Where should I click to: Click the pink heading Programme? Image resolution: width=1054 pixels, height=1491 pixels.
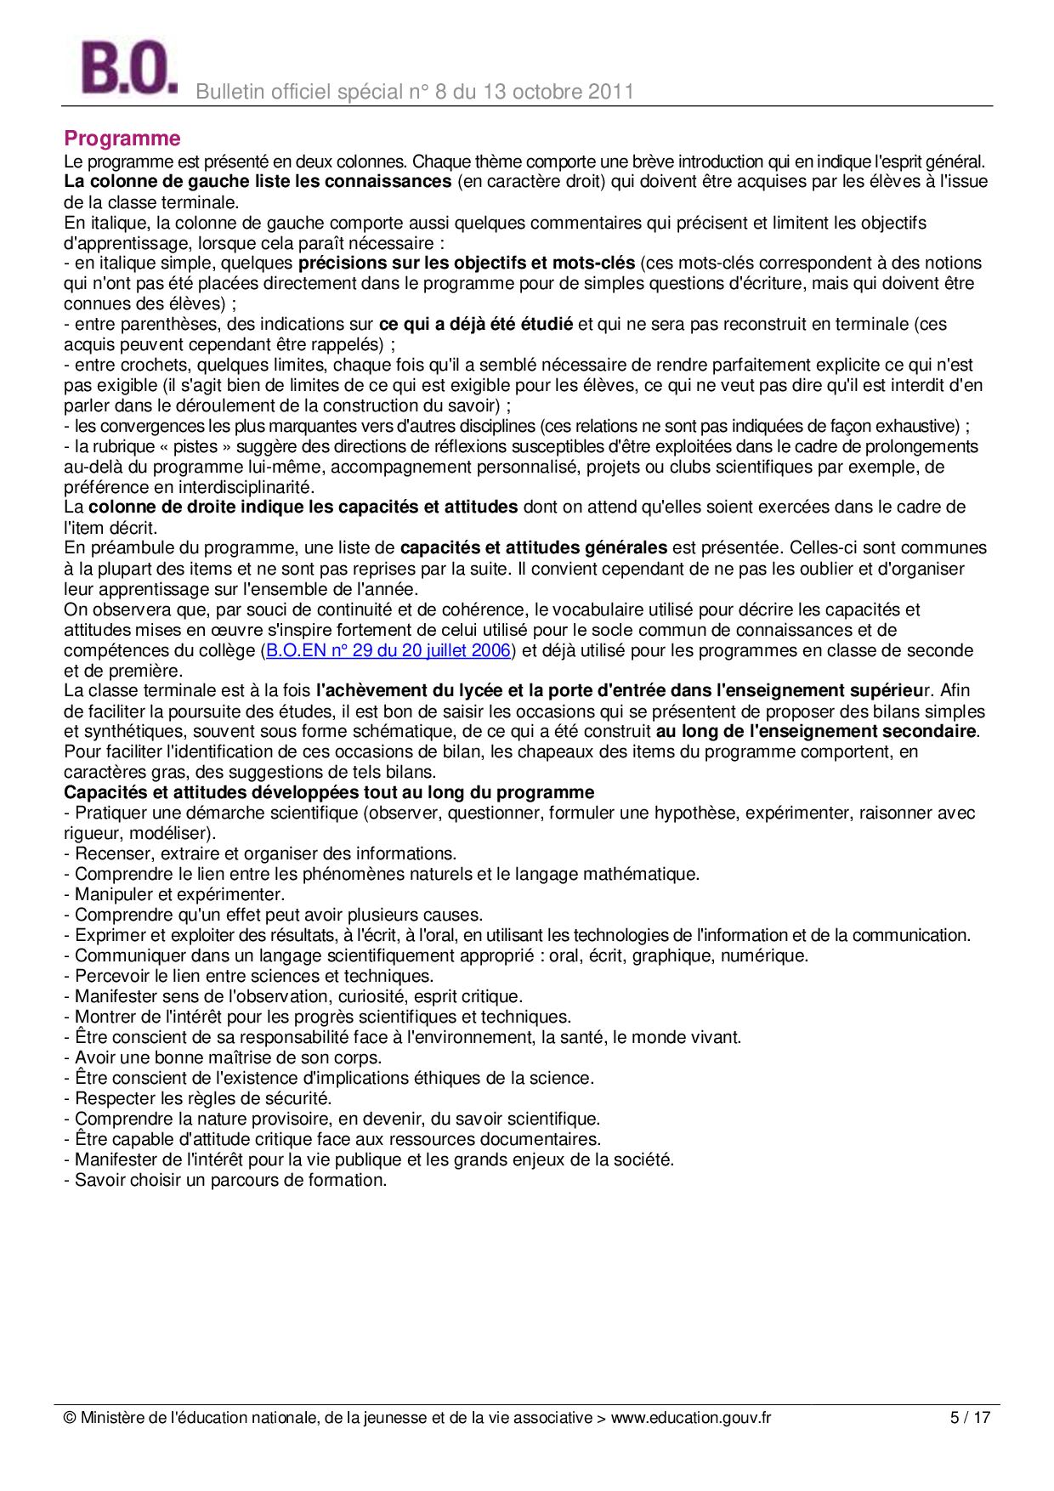pyautogui.click(x=122, y=139)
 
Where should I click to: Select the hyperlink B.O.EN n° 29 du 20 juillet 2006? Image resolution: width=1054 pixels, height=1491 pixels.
pyautogui.click(x=388, y=651)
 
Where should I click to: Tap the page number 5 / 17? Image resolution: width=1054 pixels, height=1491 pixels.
pyautogui.click(x=970, y=1418)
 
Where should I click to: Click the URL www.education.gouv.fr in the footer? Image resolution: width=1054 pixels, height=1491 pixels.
pyautogui.click(x=691, y=1418)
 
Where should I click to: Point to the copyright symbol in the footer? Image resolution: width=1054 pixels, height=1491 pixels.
pyautogui.click(x=71, y=1418)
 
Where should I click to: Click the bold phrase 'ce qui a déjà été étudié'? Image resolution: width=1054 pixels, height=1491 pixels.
pyautogui.click(x=475, y=324)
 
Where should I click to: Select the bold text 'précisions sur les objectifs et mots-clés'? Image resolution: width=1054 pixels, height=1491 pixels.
pyautogui.click(x=467, y=263)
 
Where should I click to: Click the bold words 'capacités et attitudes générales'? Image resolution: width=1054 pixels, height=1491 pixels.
pyautogui.click(x=533, y=547)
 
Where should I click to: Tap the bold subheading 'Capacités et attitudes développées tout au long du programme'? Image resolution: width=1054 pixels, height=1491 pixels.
pyautogui.click(x=329, y=792)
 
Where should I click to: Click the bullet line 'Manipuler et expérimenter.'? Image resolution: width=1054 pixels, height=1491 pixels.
pyautogui.click(x=174, y=894)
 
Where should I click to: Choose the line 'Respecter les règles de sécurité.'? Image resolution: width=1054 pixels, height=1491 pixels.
pyautogui.click(x=198, y=1098)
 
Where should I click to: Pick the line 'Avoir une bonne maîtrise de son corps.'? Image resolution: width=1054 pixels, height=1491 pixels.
pyautogui.click(x=223, y=1057)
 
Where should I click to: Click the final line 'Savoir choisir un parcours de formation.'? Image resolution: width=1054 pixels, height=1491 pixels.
pyautogui.click(x=225, y=1180)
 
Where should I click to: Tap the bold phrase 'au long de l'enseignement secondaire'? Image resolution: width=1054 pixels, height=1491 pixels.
pyautogui.click(x=817, y=731)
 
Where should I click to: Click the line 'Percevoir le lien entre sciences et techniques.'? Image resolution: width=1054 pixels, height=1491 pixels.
pyautogui.click(x=249, y=976)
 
